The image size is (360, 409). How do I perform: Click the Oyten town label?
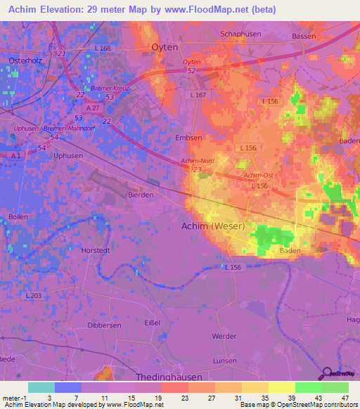pos(165,47)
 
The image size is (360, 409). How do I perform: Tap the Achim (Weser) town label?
pos(212,226)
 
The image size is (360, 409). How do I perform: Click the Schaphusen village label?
pos(241,34)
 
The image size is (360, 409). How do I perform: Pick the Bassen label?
pos(304,35)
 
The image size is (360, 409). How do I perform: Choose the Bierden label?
pos(141,195)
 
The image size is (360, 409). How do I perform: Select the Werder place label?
pos(224,337)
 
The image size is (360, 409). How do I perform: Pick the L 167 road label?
pos(198,94)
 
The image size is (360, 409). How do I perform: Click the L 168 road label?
pos(101,48)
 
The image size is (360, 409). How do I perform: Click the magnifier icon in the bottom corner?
pos(327,373)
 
